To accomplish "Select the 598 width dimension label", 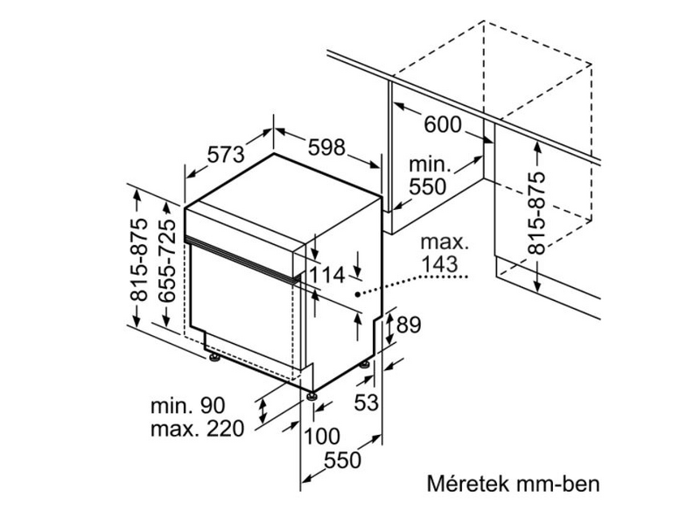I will tap(325, 148).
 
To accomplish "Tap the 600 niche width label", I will tap(443, 124).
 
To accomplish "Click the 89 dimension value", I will tap(409, 325).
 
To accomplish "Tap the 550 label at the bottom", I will tap(342, 460).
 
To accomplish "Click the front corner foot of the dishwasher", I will tap(311, 395).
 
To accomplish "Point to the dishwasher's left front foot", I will tap(212, 355).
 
